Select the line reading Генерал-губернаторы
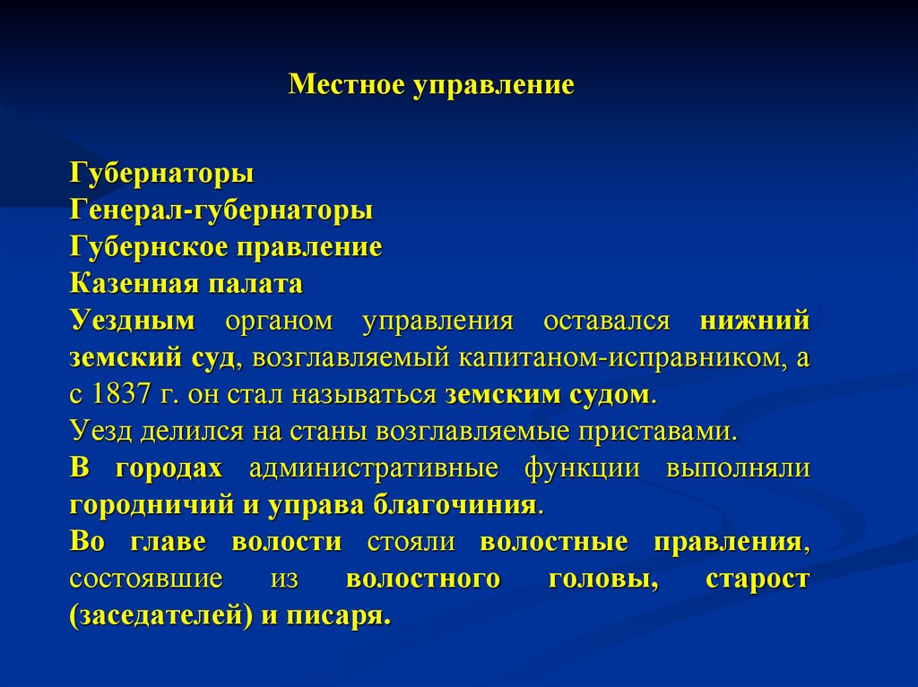coord(221,211)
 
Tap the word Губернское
coord(140,247)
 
